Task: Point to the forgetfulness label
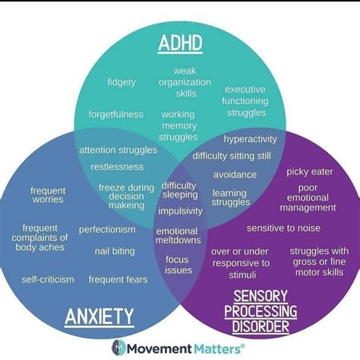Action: coord(115,114)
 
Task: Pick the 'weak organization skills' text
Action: coord(179,82)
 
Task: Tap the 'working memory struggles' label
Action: coord(179,125)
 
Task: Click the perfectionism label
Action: coord(107,229)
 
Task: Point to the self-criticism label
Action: coord(47,279)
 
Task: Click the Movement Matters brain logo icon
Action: coord(120,347)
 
